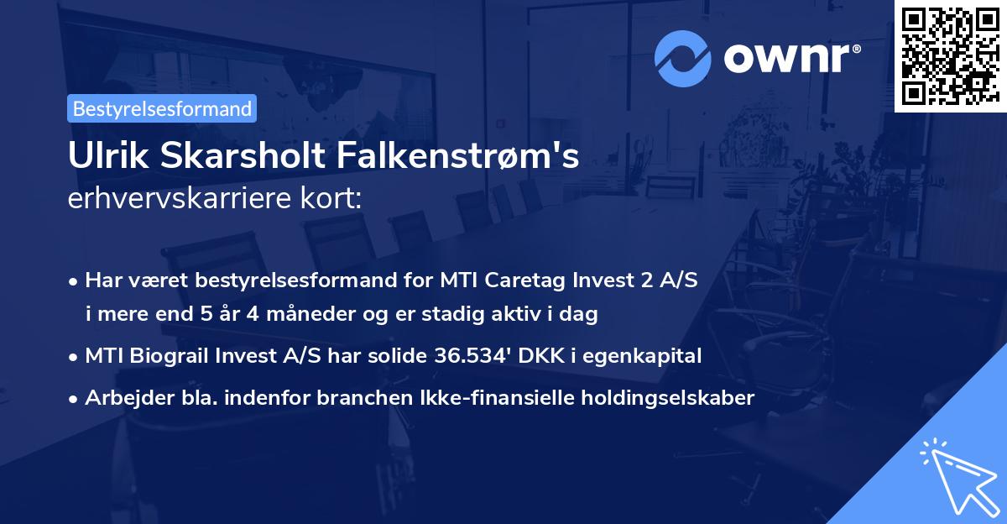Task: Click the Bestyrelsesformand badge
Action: [162, 108]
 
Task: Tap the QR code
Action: [949, 55]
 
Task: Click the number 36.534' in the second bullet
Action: [472, 356]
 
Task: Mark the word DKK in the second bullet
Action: [535, 356]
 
